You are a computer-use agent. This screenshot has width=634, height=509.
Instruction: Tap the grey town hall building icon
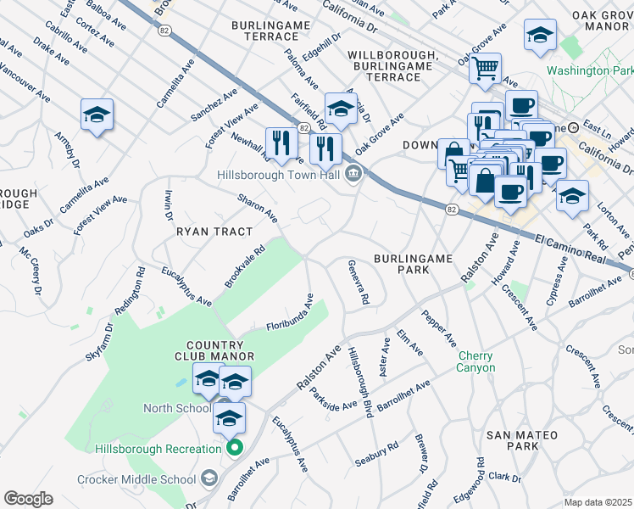click(354, 176)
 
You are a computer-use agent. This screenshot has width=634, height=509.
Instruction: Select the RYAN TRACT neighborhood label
click(214, 232)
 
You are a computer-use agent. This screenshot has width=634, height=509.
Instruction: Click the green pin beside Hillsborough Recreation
click(236, 448)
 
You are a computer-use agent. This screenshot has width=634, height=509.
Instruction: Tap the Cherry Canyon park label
click(475, 361)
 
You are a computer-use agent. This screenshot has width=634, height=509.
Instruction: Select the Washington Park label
click(592, 70)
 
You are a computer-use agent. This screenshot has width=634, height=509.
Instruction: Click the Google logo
click(27, 499)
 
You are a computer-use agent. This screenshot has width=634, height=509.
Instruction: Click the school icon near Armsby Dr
click(97, 115)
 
